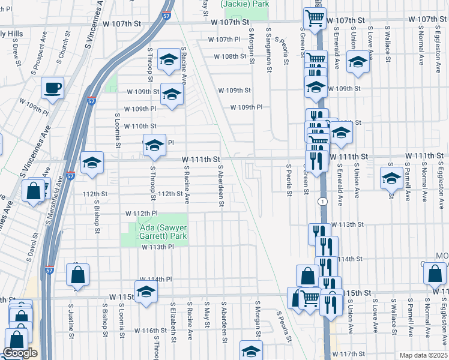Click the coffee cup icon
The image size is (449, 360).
52,88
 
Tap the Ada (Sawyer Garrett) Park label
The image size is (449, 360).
154,231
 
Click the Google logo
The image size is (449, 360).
20,353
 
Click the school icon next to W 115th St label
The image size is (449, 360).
145,292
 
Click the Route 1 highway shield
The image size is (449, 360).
323,200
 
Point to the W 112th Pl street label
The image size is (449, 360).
141,214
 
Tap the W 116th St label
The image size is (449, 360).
149,331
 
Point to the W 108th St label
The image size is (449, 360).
230,56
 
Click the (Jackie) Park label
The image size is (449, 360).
245,4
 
